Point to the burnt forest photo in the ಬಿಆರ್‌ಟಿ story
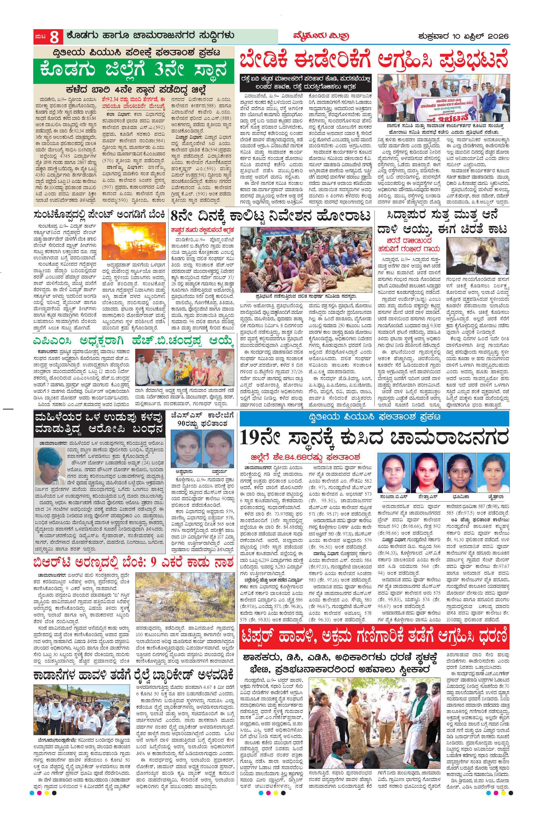(x=184, y=599)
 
